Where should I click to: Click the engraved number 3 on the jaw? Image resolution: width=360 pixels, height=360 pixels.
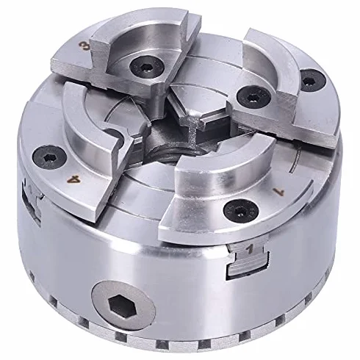[85, 46]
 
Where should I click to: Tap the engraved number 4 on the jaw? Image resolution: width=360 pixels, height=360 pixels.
[74, 179]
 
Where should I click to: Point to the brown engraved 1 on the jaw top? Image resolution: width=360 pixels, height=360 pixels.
[279, 192]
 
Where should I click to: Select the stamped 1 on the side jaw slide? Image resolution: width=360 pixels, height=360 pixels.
[250, 250]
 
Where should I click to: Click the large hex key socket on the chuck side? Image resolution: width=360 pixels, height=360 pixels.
[123, 305]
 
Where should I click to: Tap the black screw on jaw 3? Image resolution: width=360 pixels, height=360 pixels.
[147, 67]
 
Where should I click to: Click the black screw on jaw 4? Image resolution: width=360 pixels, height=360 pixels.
[50, 158]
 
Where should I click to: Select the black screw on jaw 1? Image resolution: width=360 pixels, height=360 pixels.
[241, 210]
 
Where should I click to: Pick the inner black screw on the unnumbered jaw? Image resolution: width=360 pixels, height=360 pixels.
[253, 98]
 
